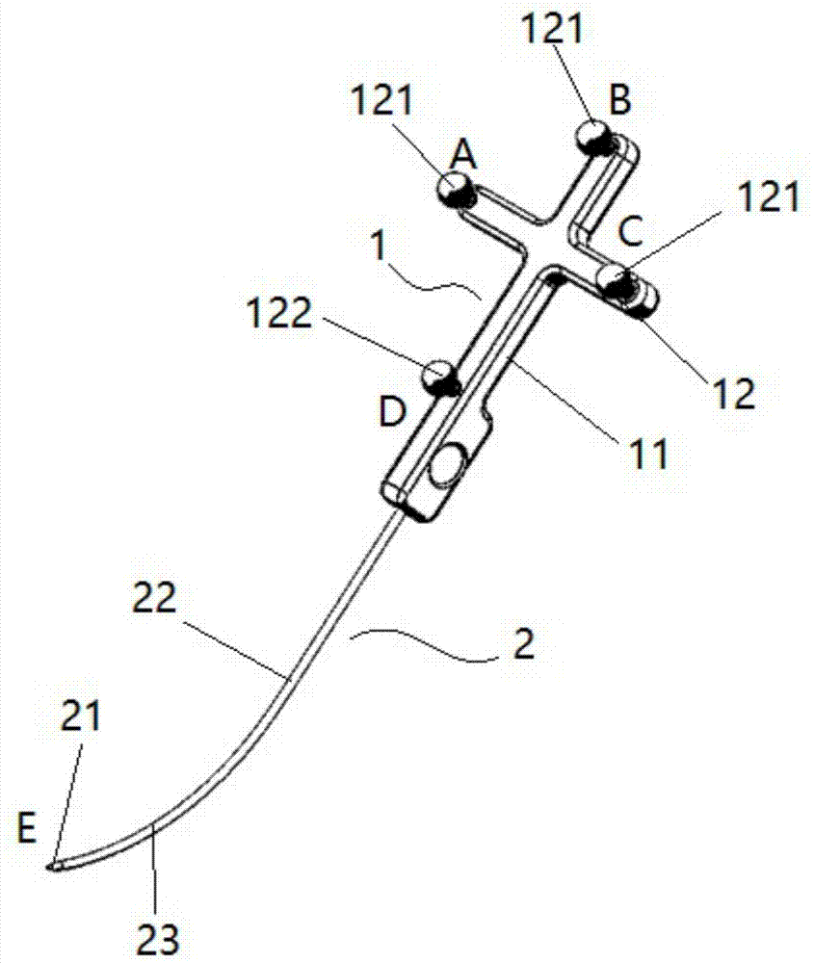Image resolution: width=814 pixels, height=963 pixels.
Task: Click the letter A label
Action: (x=464, y=152)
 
